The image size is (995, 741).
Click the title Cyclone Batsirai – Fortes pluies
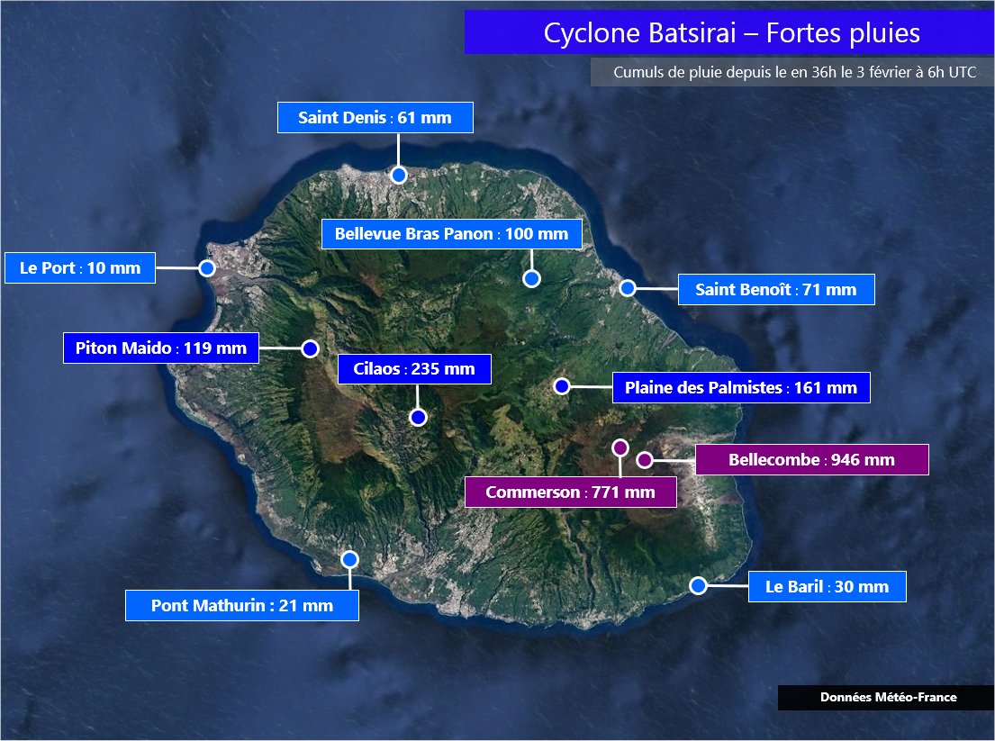tap(731, 33)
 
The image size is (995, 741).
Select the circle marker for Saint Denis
tap(399, 175)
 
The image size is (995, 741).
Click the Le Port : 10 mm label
tap(80, 267)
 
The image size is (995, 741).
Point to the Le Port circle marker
tap(207, 267)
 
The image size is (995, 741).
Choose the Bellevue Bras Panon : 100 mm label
tap(451, 234)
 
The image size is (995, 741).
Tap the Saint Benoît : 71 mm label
tap(775, 289)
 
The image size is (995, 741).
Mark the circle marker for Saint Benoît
tap(628, 288)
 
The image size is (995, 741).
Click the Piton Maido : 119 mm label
tap(160, 348)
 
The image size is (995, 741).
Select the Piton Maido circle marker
tap(311, 348)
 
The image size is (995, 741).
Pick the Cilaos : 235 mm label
tap(414, 369)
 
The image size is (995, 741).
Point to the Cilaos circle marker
tap(417, 417)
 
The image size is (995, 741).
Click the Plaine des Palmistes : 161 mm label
tap(740, 387)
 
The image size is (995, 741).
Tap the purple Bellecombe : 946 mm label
tap(811, 460)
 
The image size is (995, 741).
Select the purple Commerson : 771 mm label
tap(570, 492)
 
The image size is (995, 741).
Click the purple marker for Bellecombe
tap(644, 460)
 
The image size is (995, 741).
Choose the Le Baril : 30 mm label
tap(827, 587)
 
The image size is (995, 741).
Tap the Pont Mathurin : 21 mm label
tap(241, 605)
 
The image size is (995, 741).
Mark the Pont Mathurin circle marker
tap(350, 559)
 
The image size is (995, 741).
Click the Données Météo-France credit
tap(888, 698)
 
